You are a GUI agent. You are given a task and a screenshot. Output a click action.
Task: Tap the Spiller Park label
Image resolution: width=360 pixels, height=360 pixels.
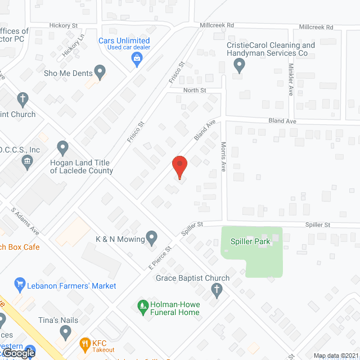[x=250, y=242]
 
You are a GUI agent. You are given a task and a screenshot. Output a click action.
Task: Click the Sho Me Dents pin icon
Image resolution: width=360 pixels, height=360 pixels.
[x=100, y=72]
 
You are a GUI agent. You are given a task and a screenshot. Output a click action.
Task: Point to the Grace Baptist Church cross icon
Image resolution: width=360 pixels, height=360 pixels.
[x=217, y=290]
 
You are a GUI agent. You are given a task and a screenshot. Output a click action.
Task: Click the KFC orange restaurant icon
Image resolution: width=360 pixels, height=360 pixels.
[x=85, y=343]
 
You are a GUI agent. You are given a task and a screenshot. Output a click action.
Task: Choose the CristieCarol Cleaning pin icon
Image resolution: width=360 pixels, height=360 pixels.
[x=239, y=66]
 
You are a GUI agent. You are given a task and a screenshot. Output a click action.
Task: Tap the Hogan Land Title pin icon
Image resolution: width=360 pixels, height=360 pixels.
[x=63, y=148]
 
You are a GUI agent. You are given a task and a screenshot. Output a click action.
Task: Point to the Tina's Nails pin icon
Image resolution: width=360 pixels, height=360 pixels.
[x=66, y=332]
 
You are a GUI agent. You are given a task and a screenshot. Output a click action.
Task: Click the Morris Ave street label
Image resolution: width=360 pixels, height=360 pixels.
[x=223, y=156]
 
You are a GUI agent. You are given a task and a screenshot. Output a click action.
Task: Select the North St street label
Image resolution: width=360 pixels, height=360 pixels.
[x=195, y=90]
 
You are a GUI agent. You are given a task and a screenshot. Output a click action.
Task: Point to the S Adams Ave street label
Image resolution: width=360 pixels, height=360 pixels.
[x=25, y=222]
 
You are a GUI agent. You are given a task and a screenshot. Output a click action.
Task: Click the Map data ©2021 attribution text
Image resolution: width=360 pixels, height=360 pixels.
[x=335, y=355]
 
